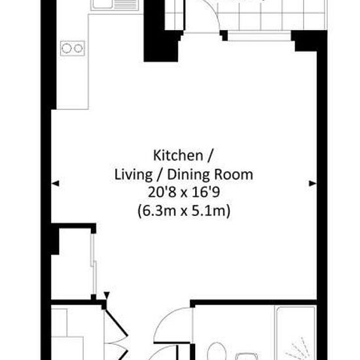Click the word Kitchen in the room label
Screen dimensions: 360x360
[x=178, y=155]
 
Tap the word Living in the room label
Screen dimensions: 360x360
[x=133, y=175]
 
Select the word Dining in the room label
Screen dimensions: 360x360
[x=189, y=175]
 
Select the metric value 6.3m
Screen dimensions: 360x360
[x=157, y=211]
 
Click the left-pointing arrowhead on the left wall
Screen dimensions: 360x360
[x=56, y=183]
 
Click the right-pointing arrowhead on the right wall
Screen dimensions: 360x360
[x=313, y=183]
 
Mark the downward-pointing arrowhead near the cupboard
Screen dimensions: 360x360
[x=107, y=295]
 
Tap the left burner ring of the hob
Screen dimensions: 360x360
[x=67, y=48]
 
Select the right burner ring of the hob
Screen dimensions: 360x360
[x=79, y=48]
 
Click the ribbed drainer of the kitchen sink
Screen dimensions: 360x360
[x=126, y=4]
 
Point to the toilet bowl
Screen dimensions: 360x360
[x=216, y=351]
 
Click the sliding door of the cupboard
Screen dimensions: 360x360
[x=94, y=264]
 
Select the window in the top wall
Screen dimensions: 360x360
[x=259, y=37]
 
